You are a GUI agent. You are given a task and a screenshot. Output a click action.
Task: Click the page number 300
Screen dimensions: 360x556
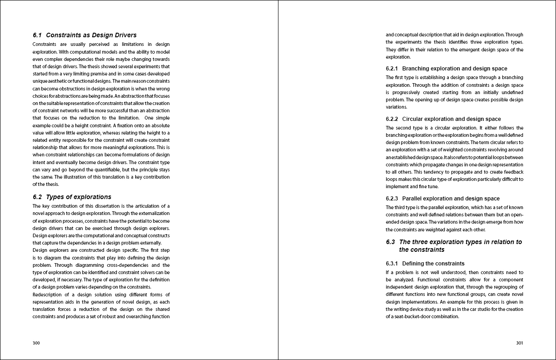click(x=36, y=343)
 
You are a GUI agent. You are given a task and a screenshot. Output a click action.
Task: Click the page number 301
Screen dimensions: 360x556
click(x=520, y=343)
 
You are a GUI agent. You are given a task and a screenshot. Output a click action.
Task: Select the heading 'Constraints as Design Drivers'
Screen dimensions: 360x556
click(x=91, y=35)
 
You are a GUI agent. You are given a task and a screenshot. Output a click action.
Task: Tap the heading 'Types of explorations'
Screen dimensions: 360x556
click(x=79, y=197)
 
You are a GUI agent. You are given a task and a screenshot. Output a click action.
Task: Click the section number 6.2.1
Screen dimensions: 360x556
click(x=392, y=69)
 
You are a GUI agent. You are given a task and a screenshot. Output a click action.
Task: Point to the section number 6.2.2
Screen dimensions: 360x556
click(x=392, y=119)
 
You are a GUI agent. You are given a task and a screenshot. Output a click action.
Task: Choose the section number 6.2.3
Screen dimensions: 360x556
click(x=392, y=199)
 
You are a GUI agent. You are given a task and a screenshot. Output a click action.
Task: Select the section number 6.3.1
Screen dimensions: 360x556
click(x=392, y=264)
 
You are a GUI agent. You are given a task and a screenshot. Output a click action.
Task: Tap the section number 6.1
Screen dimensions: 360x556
click(x=37, y=35)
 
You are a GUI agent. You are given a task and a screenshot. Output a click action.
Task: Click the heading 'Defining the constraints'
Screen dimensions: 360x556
click(x=433, y=264)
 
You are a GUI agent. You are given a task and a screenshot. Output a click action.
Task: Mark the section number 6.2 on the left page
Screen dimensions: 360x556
click(x=37, y=197)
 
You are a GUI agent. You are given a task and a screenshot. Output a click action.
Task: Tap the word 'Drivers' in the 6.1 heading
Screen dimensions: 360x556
click(x=124, y=35)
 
